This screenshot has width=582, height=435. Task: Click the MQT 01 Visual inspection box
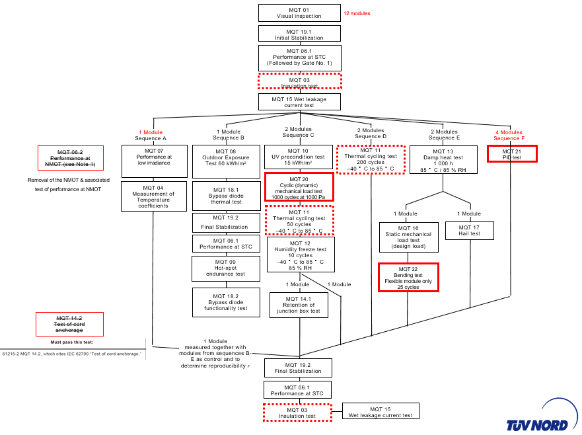[299, 13]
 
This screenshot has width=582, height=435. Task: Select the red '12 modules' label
[357, 13]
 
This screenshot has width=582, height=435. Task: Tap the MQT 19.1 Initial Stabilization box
[299, 34]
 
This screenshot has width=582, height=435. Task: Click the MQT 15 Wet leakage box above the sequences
[299, 102]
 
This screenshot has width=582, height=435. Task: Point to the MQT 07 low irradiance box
[154, 161]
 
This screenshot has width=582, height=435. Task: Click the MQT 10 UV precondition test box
[299, 157]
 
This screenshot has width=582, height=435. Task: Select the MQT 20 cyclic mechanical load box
[299, 186]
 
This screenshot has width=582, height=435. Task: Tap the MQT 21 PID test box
[512, 154]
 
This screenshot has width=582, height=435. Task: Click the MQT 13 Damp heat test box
[443, 161]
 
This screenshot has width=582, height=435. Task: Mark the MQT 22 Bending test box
[408, 278]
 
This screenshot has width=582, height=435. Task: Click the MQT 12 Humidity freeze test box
[300, 255]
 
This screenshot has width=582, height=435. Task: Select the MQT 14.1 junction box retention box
[299, 305]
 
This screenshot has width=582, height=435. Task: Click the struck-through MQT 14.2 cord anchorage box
[69, 324]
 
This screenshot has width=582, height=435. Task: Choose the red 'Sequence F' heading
[509, 138]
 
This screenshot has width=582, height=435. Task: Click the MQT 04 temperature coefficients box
[154, 196]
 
